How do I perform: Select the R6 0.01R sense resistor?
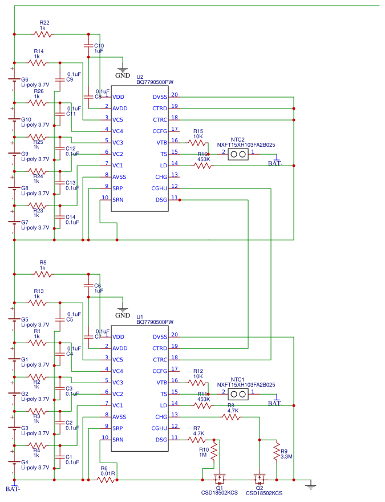pyautogui.click(x=106, y=480)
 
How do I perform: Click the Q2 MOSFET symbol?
pyautogui.click(x=260, y=477)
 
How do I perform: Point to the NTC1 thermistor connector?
pyautogui.click(x=237, y=395)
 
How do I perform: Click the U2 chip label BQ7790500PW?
pyautogui.click(x=155, y=82)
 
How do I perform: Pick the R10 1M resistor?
pyautogui.click(x=215, y=452)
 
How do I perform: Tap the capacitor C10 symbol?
pyautogui.click(x=87, y=45)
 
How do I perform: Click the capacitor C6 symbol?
pyautogui.click(x=87, y=285)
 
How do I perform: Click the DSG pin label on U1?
pyautogui.click(x=161, y=440)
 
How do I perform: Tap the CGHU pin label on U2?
pyautogui.click(x=159, y=188)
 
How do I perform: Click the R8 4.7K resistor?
pyautogui.click(x=230, y=417)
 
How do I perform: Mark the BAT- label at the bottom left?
pyautogui.click(x=13, y=489)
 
